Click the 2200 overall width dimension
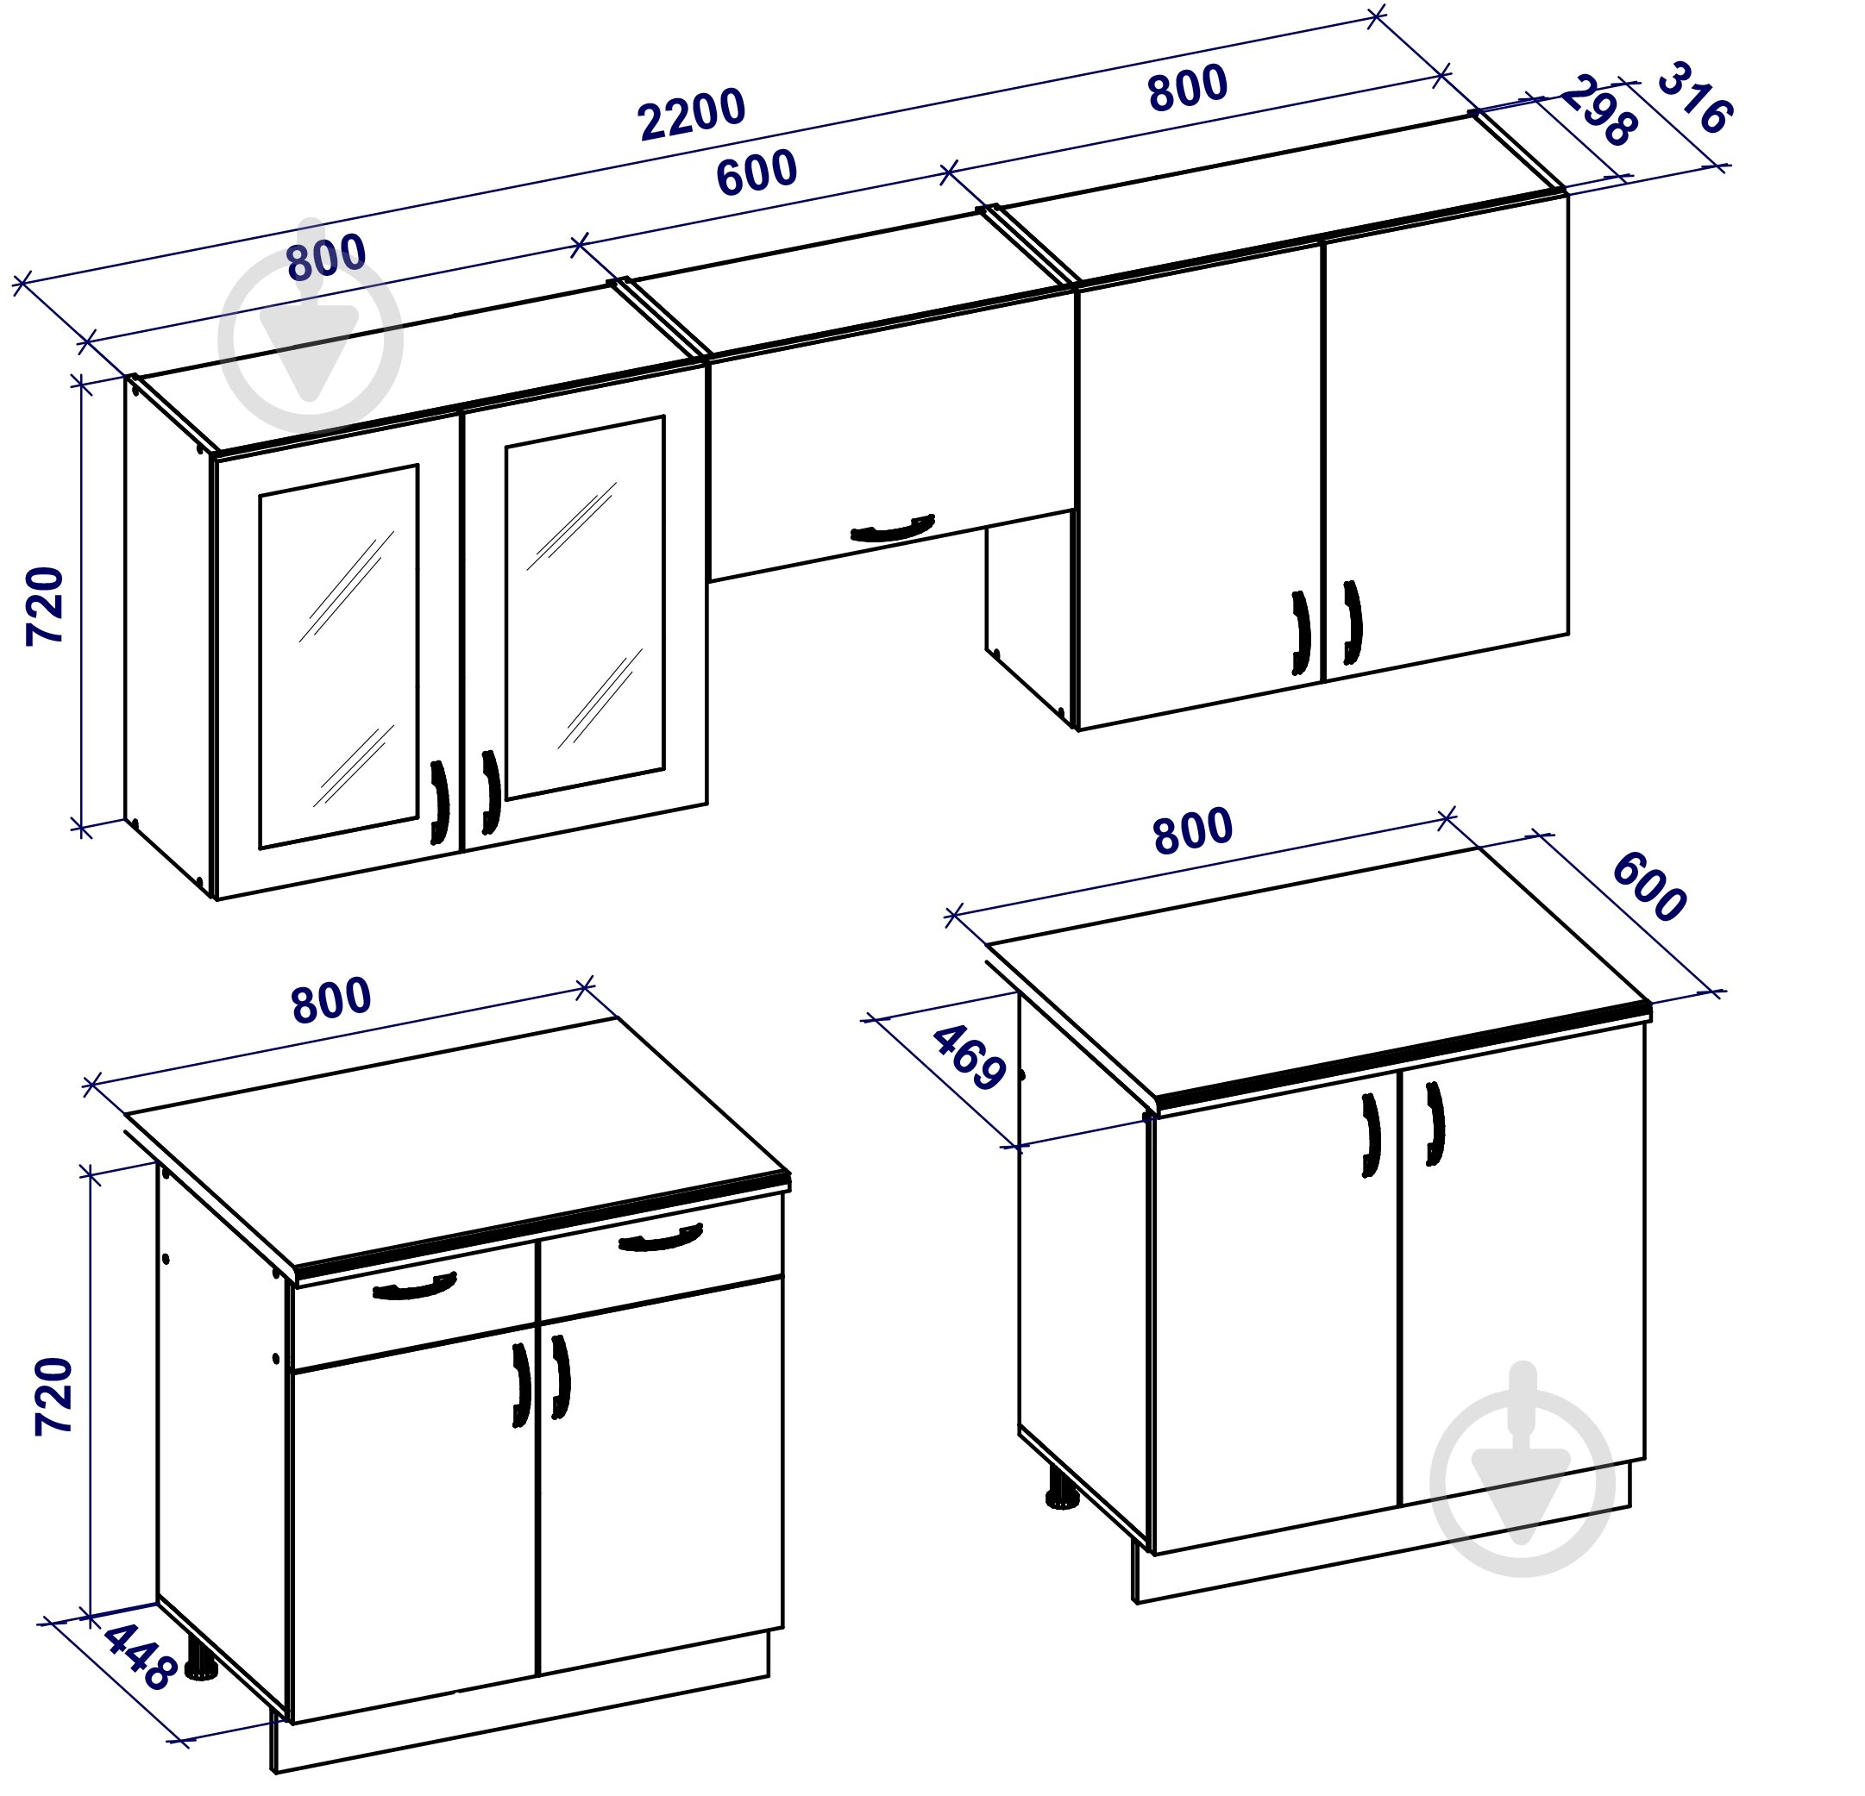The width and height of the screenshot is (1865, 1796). coord(691,114)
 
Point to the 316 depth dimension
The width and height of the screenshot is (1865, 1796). coord(1695,98)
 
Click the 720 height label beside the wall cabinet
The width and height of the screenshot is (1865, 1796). coord(45,606)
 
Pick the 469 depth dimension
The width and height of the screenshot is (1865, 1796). coord(969,1057)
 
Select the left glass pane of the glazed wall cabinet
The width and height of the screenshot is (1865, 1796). coord(339,656)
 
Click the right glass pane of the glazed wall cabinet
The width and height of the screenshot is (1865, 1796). coord(584,607)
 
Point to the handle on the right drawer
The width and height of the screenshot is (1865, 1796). coord(661,1238)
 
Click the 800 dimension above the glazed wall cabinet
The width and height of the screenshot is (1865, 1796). coord(325,257)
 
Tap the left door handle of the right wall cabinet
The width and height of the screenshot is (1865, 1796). coord(1301,633)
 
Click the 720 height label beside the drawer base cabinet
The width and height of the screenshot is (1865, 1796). coord(54,1396)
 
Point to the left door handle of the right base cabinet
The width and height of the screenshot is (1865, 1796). coord(1372,1136)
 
